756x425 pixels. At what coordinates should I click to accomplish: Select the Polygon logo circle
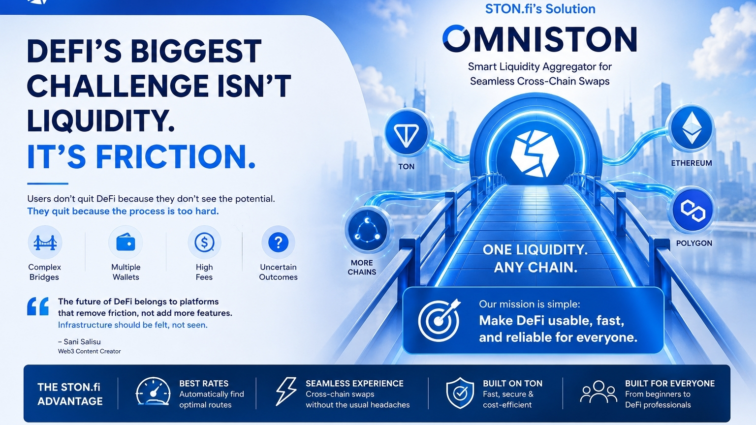click(693, 210)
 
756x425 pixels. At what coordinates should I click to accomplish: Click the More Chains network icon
click(367, 230)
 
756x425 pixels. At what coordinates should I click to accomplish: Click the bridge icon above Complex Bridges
click(45, 243)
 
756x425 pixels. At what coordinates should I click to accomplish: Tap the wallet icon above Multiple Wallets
click(126, 242)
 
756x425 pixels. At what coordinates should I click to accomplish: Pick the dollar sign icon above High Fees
click(204, 242)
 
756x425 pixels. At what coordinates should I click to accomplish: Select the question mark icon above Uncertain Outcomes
click(278, 242)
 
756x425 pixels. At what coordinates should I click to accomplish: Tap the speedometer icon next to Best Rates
click(153, 392)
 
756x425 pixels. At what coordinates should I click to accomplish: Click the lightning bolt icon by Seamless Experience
click(286, 391)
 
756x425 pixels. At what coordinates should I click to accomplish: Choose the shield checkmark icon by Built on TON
click(460, 393)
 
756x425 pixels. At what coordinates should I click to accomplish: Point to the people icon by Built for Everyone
click(598, 392)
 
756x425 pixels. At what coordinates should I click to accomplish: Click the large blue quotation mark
click(38, 306)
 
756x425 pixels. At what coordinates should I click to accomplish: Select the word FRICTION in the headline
click(176, 156)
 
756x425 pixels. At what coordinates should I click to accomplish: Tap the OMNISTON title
click(539, 39)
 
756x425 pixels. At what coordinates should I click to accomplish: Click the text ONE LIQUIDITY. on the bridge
click(535, 250)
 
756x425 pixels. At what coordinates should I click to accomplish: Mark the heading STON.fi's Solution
click(540, 9)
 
